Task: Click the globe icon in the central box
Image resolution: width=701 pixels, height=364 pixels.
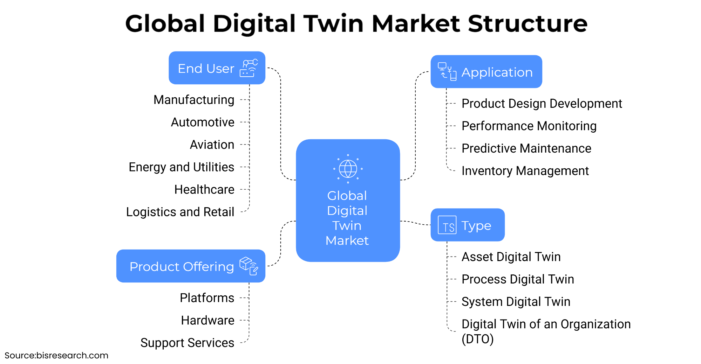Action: (x=348, y=169)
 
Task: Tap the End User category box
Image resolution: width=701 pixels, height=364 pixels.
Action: (x=217, y=68)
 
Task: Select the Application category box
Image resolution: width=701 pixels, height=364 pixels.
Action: (x=486, y=72)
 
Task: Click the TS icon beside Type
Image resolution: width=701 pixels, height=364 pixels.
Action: (x=447, y=225)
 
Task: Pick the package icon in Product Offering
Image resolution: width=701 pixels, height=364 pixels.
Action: (x=249, y=266)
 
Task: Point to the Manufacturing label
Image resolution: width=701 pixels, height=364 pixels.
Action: (x=194, y=100)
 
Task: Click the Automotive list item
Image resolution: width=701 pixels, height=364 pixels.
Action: (x=203, y=122)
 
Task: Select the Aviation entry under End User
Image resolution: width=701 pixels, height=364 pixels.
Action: (x=212, y=145)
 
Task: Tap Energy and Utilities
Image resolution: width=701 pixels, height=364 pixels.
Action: (x=181, y=167)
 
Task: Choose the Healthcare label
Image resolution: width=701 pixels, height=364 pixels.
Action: (x=204, y=189)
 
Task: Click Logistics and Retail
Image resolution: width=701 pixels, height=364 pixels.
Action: (x=180, y=212)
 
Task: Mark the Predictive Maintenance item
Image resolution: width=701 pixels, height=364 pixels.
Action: (x=526, y=148)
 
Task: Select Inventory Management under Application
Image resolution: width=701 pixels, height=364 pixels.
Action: (x=525, y=171)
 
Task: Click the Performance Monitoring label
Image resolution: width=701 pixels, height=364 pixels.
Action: (x=529, y=126)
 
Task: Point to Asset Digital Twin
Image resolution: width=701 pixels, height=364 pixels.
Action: (x=511, y=257)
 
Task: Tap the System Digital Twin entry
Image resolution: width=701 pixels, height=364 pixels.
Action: (x=516, y=302)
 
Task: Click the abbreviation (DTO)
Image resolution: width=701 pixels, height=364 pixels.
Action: (x=477, y=339)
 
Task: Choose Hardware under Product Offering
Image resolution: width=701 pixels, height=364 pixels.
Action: (x=207, y=320)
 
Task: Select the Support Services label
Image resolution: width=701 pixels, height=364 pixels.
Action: (x=187, y=343)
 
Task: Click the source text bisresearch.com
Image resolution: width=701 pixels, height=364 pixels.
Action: (x=72, y=356)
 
